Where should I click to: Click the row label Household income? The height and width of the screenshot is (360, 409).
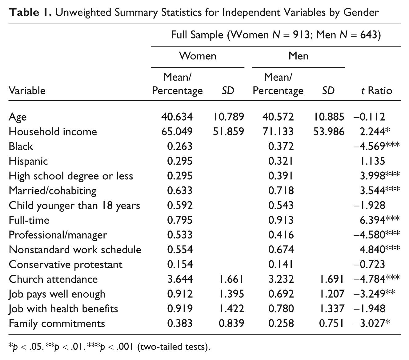tap(53, 132)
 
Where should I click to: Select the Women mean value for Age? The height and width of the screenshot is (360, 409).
tap(177, 117)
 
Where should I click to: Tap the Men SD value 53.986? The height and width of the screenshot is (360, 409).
tap(329, 132)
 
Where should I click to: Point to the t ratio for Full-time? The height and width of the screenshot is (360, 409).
tap(379, 220)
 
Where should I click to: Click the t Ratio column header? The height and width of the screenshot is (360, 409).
tap(377, 90)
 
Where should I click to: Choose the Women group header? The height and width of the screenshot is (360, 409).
tap(198, 56)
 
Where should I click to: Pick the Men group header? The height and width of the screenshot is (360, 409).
tap(299, 56)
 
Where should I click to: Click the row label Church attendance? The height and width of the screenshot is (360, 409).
tap(53, 279)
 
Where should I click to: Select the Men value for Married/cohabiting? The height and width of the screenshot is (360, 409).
tap(281, 190)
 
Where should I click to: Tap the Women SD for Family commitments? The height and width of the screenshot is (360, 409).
tap(231, 323)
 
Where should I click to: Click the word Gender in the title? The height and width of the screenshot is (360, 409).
tap(361, 12)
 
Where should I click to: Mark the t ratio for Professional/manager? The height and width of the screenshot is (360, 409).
tap(376, 235)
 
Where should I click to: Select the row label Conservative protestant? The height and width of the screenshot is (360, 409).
tap(66, 265)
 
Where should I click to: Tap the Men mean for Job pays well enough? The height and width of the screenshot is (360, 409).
tap(281, 294)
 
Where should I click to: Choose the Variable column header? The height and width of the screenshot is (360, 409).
tap(27, 90)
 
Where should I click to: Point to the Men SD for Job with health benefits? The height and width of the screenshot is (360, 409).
tap(332, 309)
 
